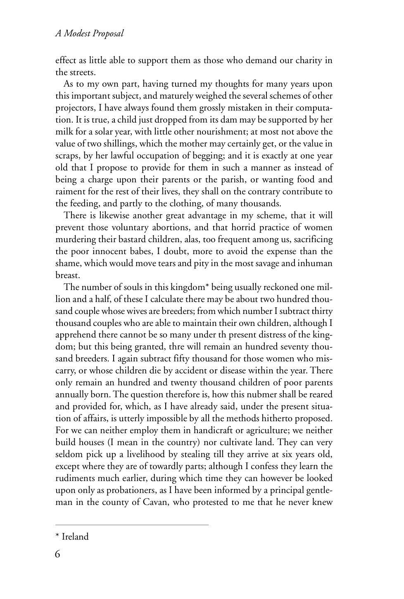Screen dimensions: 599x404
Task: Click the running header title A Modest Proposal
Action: coord(90,34)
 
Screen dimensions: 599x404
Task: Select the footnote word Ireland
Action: coord(75,537)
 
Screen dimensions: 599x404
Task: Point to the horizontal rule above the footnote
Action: coord(132,525)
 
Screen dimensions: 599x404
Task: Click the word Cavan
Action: coord(154,503)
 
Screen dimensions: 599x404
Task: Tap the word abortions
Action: coord(163,227)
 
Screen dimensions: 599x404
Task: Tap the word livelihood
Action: coord(147,455)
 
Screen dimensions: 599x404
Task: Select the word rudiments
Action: coord(75,479)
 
